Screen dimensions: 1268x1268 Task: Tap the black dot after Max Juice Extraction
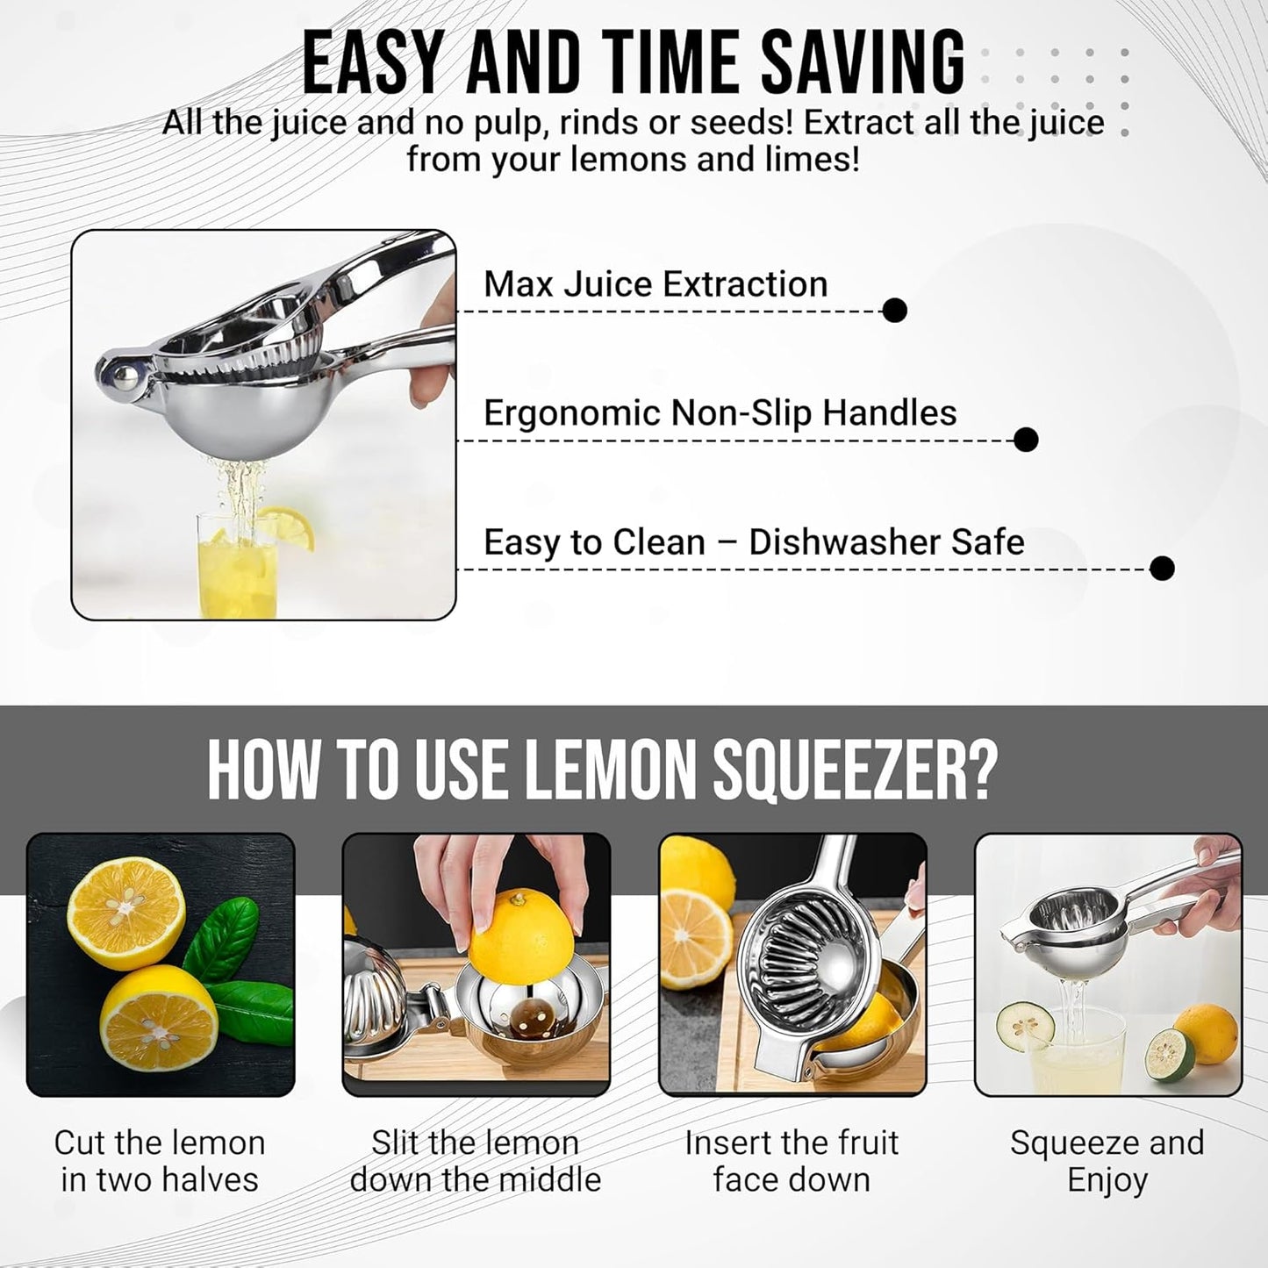894,310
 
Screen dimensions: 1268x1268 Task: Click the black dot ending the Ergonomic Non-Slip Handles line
1025,439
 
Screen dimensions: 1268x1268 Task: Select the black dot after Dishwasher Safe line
1161,568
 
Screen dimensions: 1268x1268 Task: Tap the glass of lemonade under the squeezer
237,570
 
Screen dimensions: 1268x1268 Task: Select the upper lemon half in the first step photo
126,913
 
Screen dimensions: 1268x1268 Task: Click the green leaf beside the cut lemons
224,939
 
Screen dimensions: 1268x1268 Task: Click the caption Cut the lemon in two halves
160,1161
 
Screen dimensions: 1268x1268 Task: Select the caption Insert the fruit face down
792,1161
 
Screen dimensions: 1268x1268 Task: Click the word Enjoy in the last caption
1107,1180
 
